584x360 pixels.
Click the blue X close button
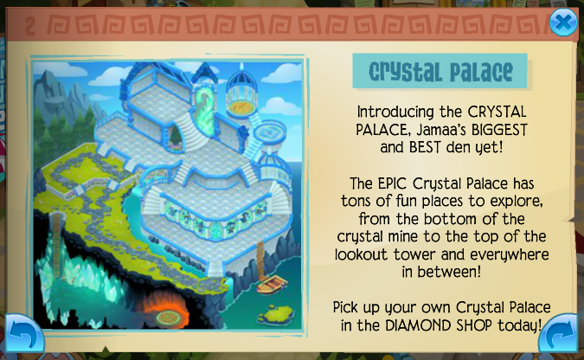[563, 22]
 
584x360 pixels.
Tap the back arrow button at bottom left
[23, 333]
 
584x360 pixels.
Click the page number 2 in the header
[30, 25]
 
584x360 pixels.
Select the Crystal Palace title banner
[440, 71]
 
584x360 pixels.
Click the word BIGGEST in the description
[499, 130]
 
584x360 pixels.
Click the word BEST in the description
[425, 148]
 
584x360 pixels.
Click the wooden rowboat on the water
[272, 285]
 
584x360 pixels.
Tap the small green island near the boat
[274, 314]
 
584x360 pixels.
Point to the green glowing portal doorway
[204, 107]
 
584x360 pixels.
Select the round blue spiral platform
[269, 132]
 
